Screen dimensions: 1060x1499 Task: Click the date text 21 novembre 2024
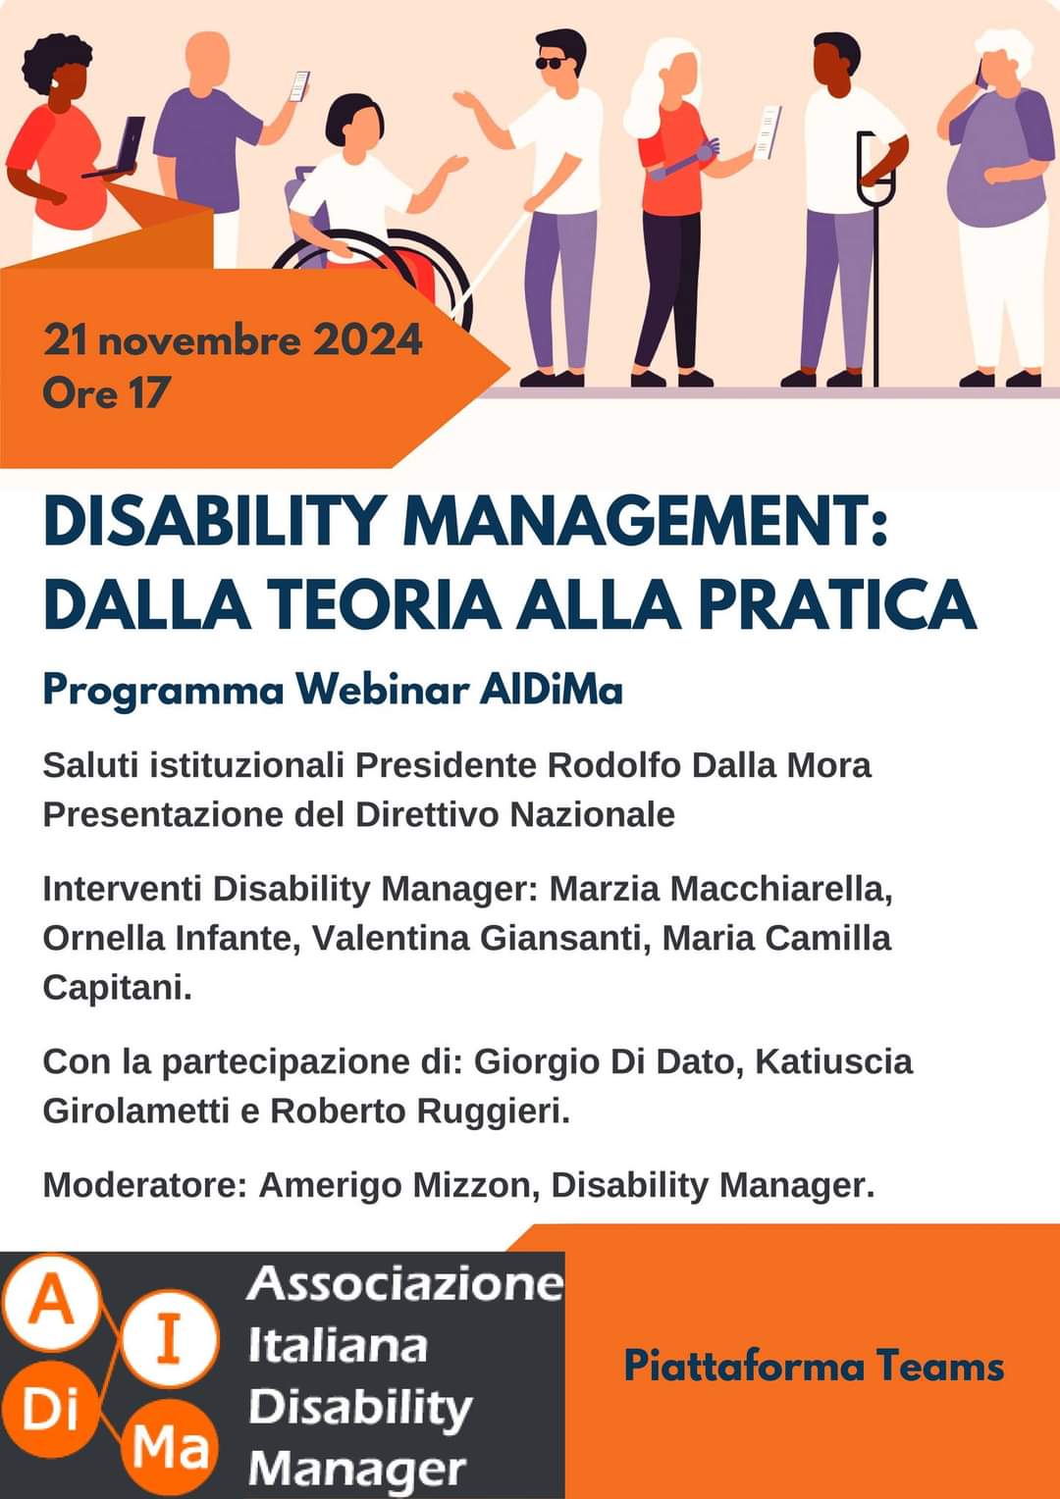233,340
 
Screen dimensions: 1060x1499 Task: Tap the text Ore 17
105,392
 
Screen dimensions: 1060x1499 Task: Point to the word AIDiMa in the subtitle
551,690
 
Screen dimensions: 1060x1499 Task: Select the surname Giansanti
566,939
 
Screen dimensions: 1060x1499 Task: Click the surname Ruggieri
494,1112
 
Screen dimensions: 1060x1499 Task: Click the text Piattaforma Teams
814,1367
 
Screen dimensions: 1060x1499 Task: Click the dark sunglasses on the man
554,63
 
